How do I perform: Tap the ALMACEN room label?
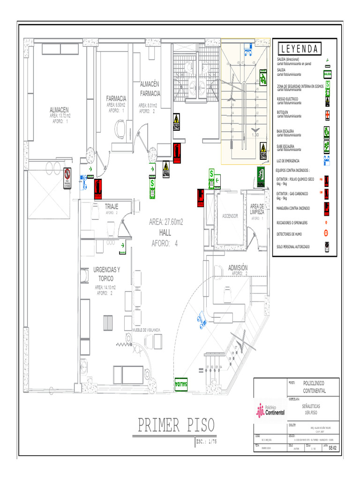pos(59,110)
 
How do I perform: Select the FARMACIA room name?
pos(116,98)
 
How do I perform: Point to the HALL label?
pos(165,232)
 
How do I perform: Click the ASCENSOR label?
pos(230,216)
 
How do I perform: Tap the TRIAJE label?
pos(111,206)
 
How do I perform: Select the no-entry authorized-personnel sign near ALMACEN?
pos(67,179)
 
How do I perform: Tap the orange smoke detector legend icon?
pos(327,233)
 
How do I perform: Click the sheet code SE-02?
pos(332,448)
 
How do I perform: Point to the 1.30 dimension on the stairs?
pos(255,135)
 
